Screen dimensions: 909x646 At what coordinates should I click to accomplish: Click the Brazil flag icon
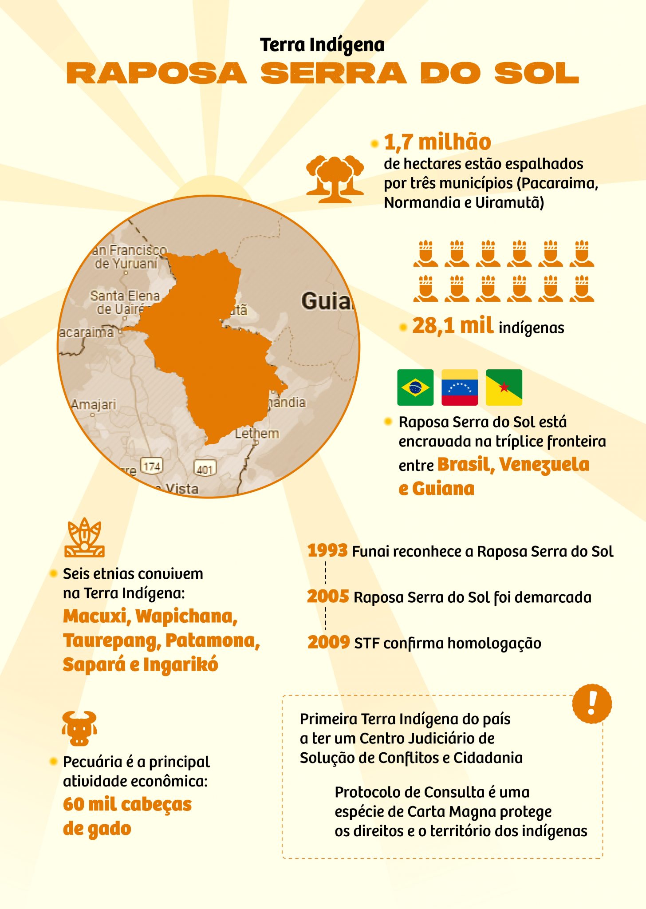point(415,387)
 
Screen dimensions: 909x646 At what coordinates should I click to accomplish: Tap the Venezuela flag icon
point(460,387)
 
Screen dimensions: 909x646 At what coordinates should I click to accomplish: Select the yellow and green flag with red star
point(504,387)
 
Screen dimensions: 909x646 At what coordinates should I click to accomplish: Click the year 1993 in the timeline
point(327,551)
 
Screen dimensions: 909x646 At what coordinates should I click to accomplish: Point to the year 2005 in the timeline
point(328,597)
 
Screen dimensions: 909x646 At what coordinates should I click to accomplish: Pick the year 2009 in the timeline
point(328,642)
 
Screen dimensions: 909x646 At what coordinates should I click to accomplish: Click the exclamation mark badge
point(591,703)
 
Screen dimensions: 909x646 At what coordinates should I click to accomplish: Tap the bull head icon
point(79,728)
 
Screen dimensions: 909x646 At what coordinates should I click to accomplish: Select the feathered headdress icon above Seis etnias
point(84,537)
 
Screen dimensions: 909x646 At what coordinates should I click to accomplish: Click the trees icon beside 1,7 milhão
point(335,179)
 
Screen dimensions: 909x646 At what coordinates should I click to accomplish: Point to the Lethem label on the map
point(257,434)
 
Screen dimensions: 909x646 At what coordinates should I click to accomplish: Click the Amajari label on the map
point(94,405)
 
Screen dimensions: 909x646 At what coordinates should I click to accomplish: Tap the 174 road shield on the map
point(152,466)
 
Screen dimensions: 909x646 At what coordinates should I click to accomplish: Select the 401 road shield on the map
point(205,469)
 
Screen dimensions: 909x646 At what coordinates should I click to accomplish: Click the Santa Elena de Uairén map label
point(125,302)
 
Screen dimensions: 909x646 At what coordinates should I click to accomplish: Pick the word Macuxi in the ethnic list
point(97,617)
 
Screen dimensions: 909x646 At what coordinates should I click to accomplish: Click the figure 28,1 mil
point(452,326)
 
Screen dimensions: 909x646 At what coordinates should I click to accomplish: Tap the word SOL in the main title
point(537,73)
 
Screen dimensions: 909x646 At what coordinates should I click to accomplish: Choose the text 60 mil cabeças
point(127,804)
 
